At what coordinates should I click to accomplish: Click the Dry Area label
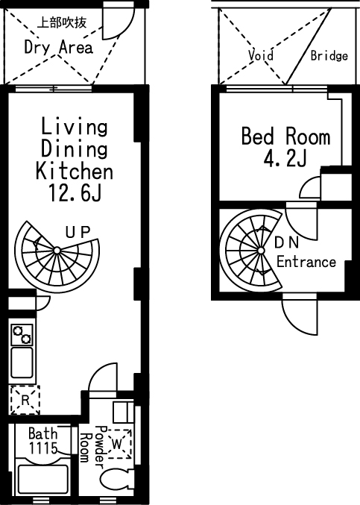tap(59, 48)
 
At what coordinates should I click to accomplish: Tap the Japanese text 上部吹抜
tap(62, 22)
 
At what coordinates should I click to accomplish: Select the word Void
tap(261, 55)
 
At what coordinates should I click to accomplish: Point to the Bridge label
tap(329, 56)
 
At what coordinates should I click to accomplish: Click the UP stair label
tap(78, 232)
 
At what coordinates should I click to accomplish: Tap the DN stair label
tap(287, 243)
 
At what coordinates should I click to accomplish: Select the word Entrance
tap(306, 262)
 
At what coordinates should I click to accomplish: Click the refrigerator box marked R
tap(25, 400)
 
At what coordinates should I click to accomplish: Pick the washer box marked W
tap(119, 444)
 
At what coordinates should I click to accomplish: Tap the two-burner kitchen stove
tap(22, 335)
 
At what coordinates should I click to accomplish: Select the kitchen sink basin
tap(22, 363)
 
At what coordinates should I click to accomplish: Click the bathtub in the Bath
tap(43, 477)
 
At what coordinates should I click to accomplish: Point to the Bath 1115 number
tap(43, 448)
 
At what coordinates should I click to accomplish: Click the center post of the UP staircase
tap(57, 250)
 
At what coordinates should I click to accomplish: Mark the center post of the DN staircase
tap(261, 251)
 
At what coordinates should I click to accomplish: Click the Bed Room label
tap(285, 137)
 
